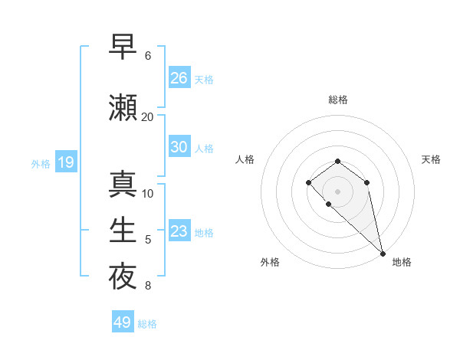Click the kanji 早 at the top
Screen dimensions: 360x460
pyautogui.click(x=123, y=47)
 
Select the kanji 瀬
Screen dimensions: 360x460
pyautogui.click(x=123, y=107)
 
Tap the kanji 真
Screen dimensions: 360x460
pyautogui.click(x=123, y=184)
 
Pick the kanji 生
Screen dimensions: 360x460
pyautogui.click(x=123, y=230)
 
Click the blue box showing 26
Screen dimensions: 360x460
pyautogui.click(x=179, y=78)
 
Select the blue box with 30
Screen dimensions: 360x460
pyautogui.click(x=179, y=147)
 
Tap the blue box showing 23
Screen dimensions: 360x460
pyautogui.click(x=179, y=231)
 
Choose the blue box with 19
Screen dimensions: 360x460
pyautogui.click(x=65, y=162)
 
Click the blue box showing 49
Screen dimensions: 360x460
pyautogui.click(x=123, y=322)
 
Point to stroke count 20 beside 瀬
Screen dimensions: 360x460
pyautogui.click(x=147, y=116)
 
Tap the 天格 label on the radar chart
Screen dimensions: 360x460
pyautogui.click(x=431, y=159)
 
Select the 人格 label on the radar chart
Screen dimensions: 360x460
pyautogui.click(x=245, y=159)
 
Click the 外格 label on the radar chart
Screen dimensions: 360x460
pyautogui.click(x=270, y=262)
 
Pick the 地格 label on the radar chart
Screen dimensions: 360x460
pyautogui.click(x=402, y=262)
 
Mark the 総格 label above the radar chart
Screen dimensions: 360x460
pyautogui.click(x=337, y=100)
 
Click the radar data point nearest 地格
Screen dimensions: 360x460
pyautogui.click(x=383, y=253)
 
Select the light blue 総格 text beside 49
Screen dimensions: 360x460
pyautogui.click(x=147, y=324)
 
